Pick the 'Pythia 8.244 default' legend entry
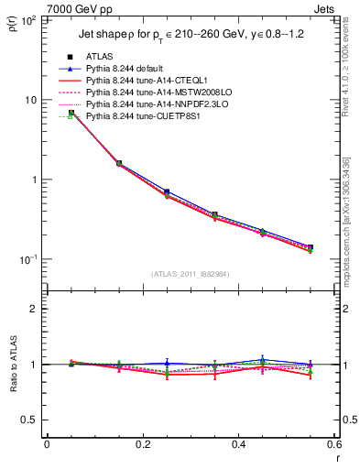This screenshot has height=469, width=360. click(136, 69)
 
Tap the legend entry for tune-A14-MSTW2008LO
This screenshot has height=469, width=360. click(162, 93)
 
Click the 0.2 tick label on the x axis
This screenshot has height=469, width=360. click(142, 444)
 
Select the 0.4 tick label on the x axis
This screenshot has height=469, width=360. click(238, 444)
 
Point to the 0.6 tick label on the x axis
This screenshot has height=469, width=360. click(333, 444)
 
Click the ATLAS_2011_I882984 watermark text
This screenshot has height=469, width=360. click(190, 273)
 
